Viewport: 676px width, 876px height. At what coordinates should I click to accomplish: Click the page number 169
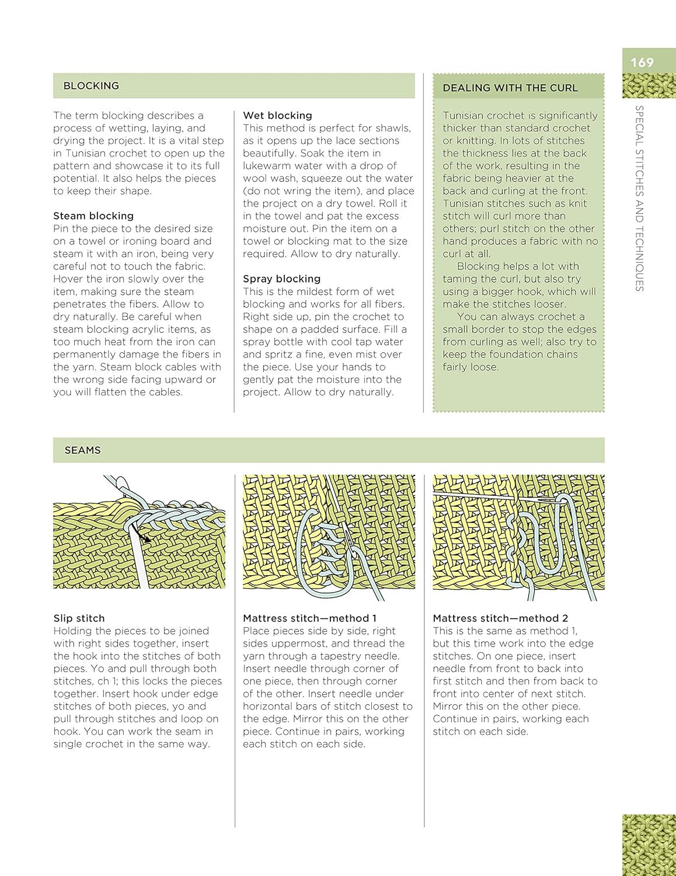pyautogui.click(x=642, y=62)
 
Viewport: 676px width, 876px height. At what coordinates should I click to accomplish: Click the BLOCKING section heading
pyautogui.click(x=91, y=86)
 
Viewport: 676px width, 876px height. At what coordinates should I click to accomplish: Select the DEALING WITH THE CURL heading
pyautogui.click(x=510, y=88)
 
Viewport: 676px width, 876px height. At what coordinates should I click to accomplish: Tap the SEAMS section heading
pyautogui.click(x=82, y=450)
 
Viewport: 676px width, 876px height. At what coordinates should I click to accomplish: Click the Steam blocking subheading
pyautogui.click(x=93, y=216)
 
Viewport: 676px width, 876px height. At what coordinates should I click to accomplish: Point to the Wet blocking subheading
pyautogui.click(x=277, y=116)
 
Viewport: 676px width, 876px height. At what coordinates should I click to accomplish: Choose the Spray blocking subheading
pyautogui.click(x=281, y=279)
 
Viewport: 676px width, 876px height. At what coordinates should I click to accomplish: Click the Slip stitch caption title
pyautogui.click(x=79, y=618)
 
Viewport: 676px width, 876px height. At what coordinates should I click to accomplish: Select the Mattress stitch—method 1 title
pyautogui.click(x=309, y=618)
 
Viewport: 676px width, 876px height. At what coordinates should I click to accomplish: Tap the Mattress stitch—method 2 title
pyautogui.click(x=500, y=618)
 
